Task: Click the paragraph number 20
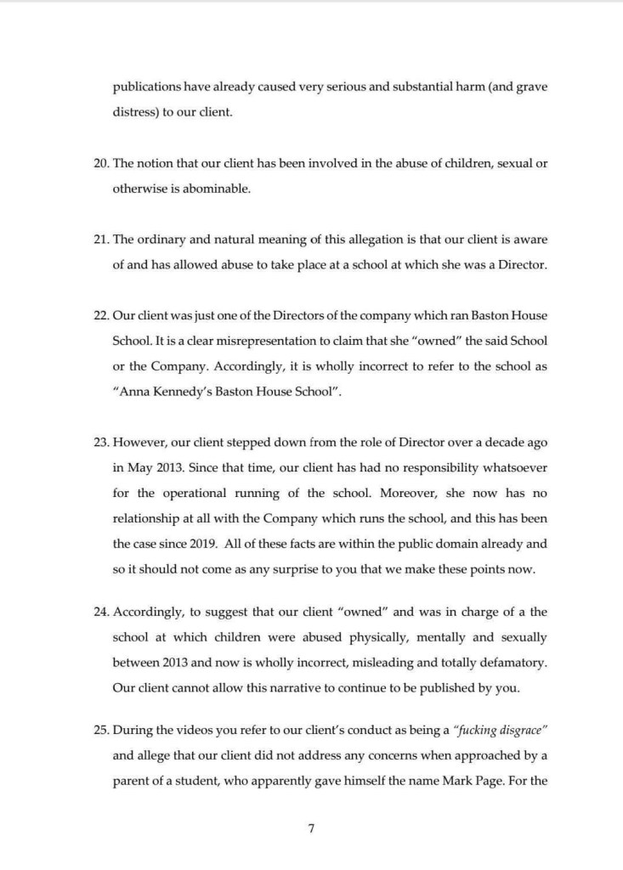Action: click(x=100, y=164)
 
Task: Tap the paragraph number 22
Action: click(x=100, y=315)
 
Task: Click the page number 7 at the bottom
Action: click(x=311, y=828)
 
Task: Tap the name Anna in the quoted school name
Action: click(x=133, y=390)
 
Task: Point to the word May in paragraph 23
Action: click(x=139, y=466)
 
